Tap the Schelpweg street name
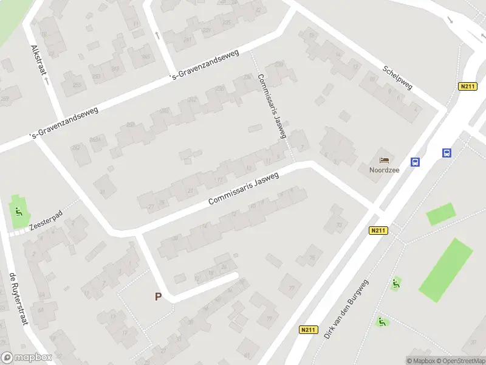(x=398, y=77)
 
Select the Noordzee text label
(x=384, y=170)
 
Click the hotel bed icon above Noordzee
(x=384, y=160)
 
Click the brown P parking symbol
(x=159, y=297)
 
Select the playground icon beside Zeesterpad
(x=19, y=212)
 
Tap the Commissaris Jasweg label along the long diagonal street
(x=243, y=188)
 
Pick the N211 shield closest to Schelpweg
(x=467, y=87)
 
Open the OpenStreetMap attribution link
(x=460, y=361)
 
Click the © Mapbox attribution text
(x=420, y=361)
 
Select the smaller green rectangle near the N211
(x=440, y=214)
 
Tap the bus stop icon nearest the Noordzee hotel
(x=416, y=162)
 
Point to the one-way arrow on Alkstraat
(x=46, y=80)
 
